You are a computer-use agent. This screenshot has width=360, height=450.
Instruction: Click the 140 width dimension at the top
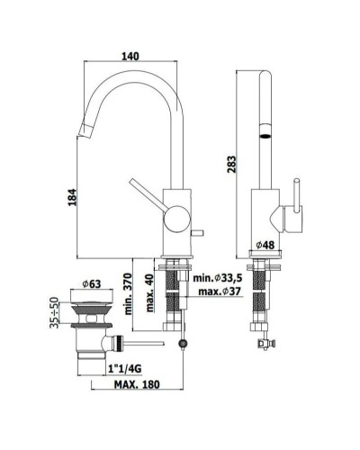pyautogui.click(x=131, y=56)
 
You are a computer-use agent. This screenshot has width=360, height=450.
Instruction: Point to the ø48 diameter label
pyautogui.click(x=265, y=245)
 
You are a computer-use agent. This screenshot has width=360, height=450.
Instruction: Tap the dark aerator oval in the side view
pyautogui.click(x=265, y=133)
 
